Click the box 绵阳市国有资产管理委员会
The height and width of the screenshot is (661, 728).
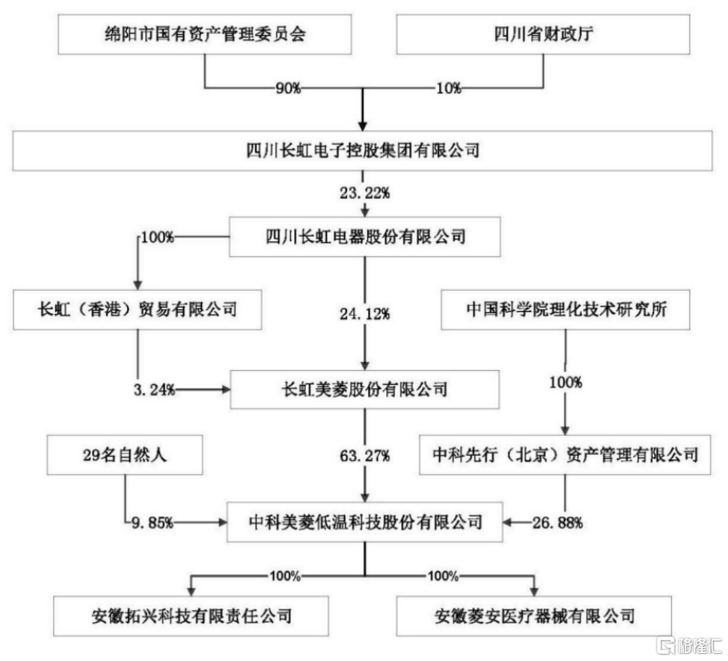click(204, 34)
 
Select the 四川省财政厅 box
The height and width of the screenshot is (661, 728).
click(543, 34)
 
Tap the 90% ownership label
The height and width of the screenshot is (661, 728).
click(288, 88)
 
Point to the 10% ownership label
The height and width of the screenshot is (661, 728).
click(449, 88)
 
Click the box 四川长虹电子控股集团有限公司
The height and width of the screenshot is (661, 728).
click(362, 151)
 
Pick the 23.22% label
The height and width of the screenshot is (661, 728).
click(364, 193)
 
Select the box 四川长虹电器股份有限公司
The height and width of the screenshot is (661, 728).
click(364, 237)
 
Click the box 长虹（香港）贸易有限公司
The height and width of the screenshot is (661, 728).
click(138, 309)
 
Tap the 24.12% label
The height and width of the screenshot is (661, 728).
click(364, 314)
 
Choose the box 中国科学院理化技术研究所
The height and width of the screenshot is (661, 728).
click(565, 309)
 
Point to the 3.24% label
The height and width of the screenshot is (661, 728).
click(154, 389)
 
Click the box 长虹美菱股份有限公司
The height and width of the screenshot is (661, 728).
click(364, 389)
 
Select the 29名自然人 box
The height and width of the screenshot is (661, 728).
click(124, 455)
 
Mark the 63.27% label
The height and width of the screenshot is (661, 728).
click(364, 456)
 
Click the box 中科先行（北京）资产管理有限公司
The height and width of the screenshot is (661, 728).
click(564, 455)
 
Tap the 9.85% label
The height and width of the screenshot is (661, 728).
click(152, 523)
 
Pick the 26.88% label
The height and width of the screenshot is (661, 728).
click(557, 523)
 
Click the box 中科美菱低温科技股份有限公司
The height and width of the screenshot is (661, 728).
click(364, 522)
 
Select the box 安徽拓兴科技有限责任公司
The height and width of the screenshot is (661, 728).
click(191, 616)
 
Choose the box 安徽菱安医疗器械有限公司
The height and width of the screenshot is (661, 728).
click(534, 616)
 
